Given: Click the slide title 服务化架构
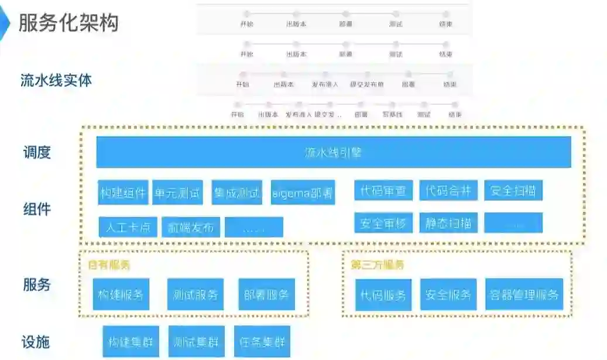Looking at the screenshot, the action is (x=69, y=22).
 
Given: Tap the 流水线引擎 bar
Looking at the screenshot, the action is (x=334, y=152).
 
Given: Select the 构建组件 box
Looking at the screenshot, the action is (x=123, y=193).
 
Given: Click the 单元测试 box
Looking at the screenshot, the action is (x=177, y=193).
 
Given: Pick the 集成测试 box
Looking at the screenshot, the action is (x=236, y=193).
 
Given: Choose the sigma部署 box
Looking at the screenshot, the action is (x=303, y=193).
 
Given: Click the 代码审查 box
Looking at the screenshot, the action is (x=383, y=190).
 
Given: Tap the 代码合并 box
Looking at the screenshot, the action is (x=448, y=190).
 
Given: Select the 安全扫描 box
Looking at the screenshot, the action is (x=513, y=190).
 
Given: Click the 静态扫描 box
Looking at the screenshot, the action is (x=448, y=223).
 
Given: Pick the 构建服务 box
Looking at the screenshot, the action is (x=121, y=294).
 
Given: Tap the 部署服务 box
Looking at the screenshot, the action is (x=266, y=294).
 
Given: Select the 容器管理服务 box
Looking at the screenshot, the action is (x=524, y=294).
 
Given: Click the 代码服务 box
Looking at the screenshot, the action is (x=383, y=294).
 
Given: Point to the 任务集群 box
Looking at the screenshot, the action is (x=262, y=341).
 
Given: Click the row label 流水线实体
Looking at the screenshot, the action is (x=56, y=80).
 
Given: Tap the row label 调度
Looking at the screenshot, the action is (x=37, y=152).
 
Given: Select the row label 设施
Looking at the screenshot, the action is (x=36, y=342).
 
